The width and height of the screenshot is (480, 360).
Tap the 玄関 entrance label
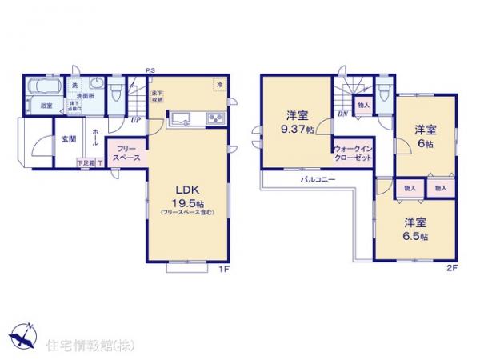tap(69, 138)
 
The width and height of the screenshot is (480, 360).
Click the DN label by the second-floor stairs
tap(342, 114)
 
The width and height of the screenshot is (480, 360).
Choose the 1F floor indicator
tap(225, 269)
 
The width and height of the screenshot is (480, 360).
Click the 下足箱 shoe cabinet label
tap(85, 162)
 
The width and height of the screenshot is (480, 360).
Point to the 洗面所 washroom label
tap(96, 94)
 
